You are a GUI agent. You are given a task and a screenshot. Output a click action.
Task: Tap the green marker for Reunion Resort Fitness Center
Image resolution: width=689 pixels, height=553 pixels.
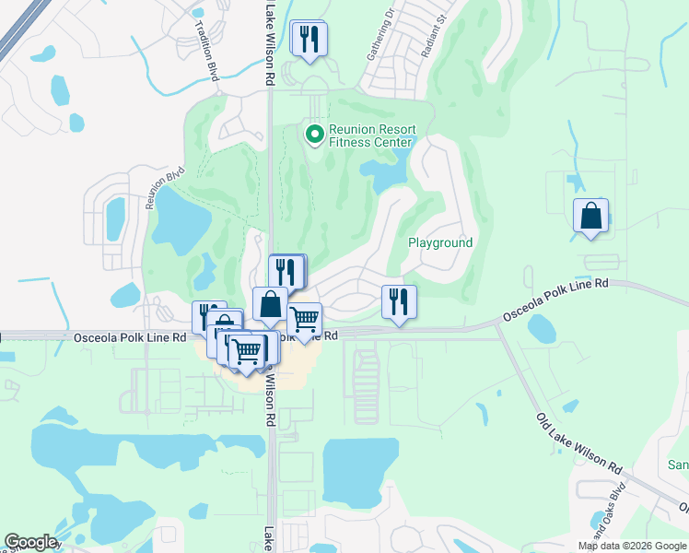pyautogui.click(x=314, y=135)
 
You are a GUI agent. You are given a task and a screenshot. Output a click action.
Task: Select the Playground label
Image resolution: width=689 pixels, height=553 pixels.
pyautogui.click(x=440, y=243)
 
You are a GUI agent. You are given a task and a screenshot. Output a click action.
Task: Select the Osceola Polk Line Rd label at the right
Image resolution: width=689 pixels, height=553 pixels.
pyautogui.click(x=555, y=300)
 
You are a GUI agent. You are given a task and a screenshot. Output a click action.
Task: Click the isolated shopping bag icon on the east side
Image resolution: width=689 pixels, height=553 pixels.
pyautogui.click(x=590, y=217)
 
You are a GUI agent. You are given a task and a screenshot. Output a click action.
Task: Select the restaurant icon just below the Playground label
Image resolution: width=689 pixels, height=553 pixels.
pyautogui.click(x=399, y=302)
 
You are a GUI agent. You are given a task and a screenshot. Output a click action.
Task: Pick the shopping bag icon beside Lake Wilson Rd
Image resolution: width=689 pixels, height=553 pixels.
pyautogui.click(x=270, y=304)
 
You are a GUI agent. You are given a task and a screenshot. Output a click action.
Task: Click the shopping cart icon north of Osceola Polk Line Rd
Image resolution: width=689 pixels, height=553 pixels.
pyautogui.click(x=305, y=320)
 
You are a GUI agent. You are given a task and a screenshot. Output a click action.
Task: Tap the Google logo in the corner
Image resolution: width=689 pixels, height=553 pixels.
pyautogui.click(x=30, y=542)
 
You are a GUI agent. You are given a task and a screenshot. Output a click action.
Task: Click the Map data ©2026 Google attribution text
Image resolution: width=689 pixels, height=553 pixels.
pyautogui.click(x=632, y=546)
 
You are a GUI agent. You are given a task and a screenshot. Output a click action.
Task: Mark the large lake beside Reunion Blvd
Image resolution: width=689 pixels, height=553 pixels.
pyautogui.click(x=184, y=218)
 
